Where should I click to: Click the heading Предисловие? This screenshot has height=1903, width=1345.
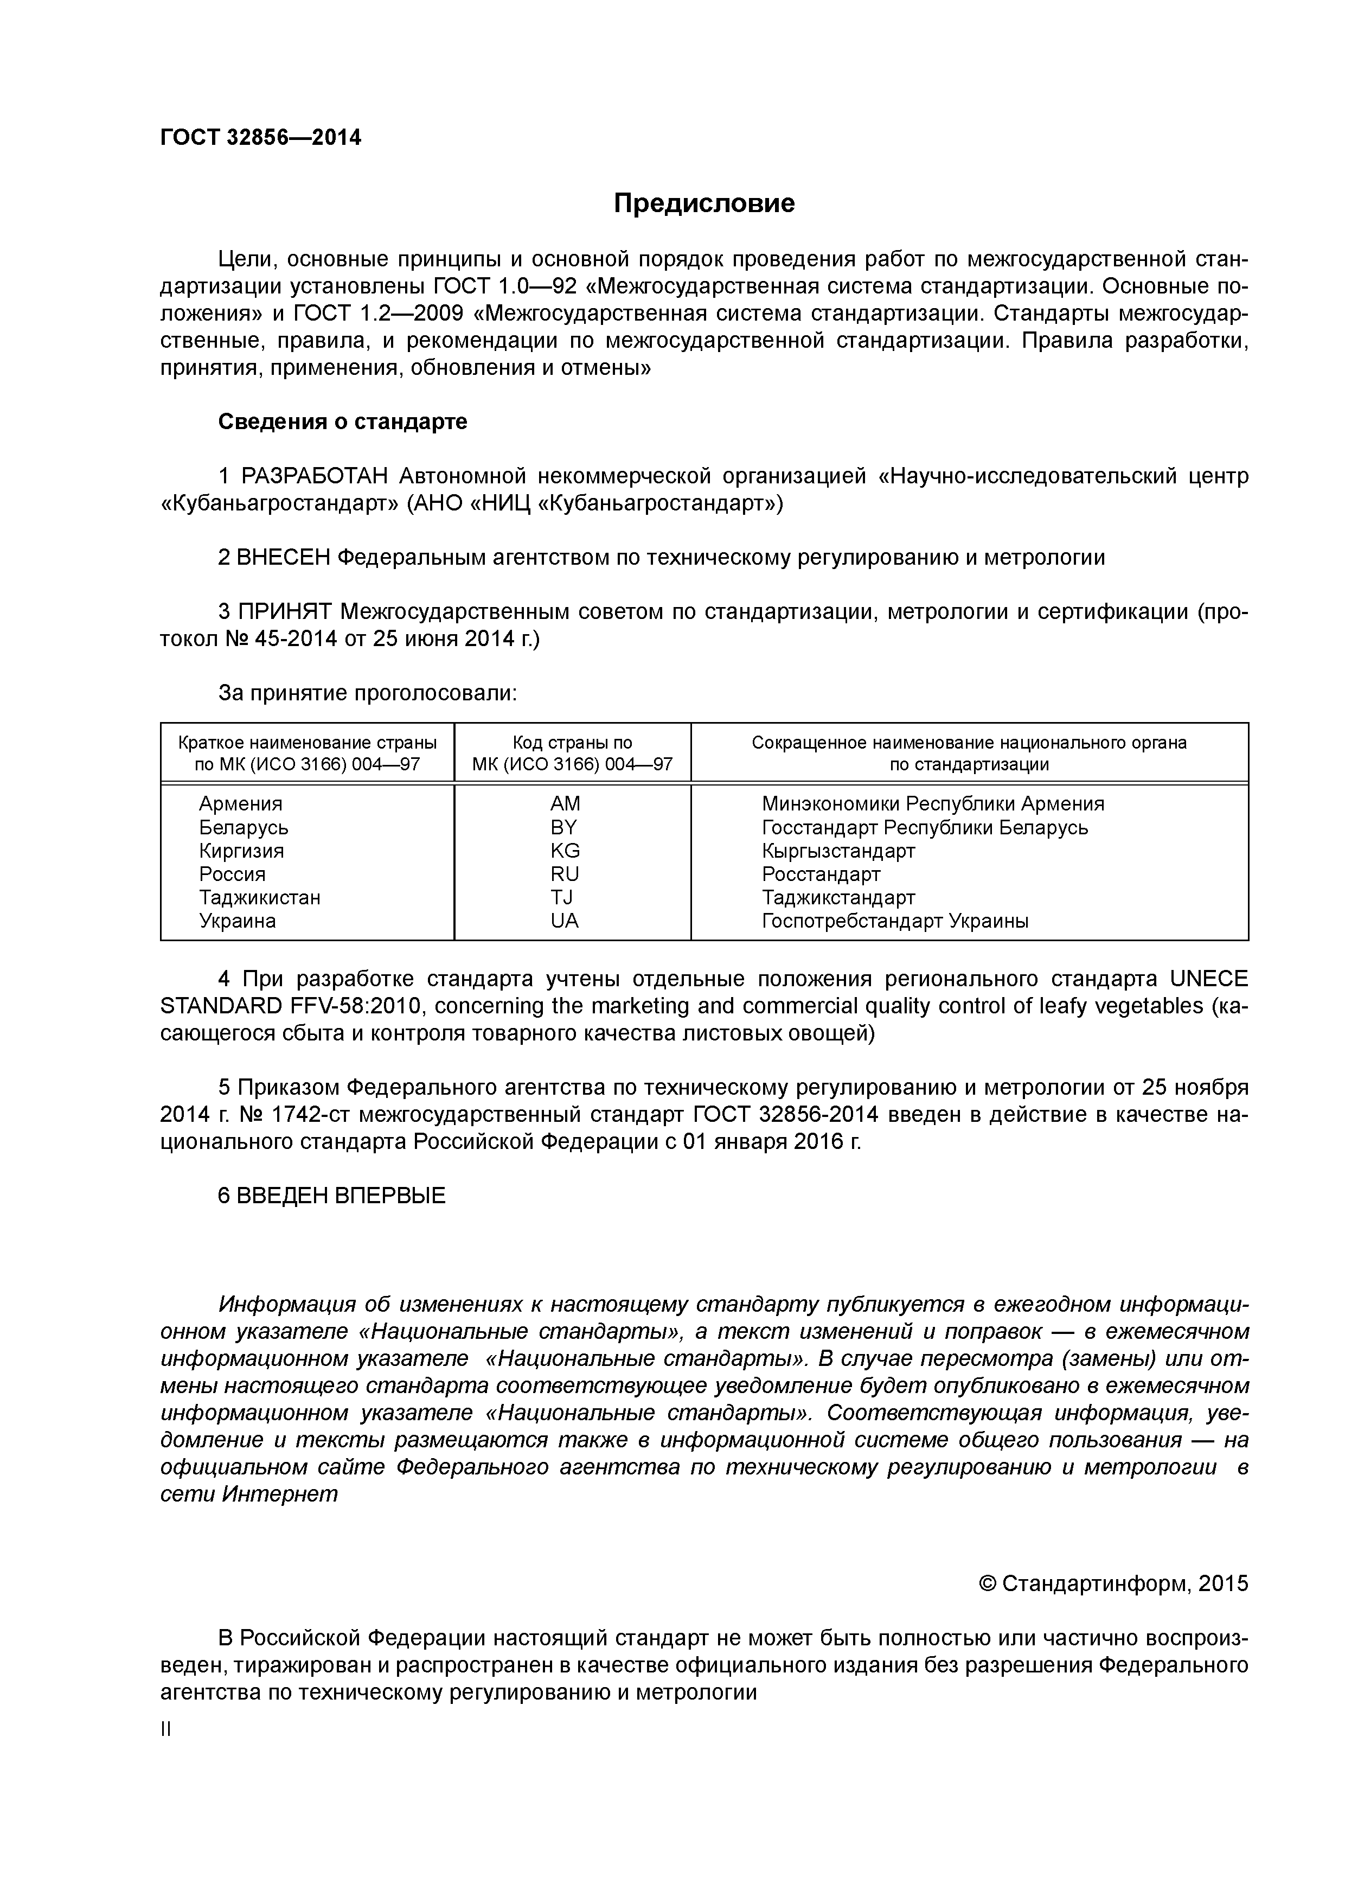703,203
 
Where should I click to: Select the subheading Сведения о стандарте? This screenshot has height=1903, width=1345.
342,422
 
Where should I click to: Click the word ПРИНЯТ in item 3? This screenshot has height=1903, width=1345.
284,612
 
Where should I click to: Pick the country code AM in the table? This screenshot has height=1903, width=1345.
565,804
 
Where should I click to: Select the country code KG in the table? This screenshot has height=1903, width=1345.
565,851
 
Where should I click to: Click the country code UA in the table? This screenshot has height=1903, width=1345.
565,921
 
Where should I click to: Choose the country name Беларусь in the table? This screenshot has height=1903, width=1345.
244,827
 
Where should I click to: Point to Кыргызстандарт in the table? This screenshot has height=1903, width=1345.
838,851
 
